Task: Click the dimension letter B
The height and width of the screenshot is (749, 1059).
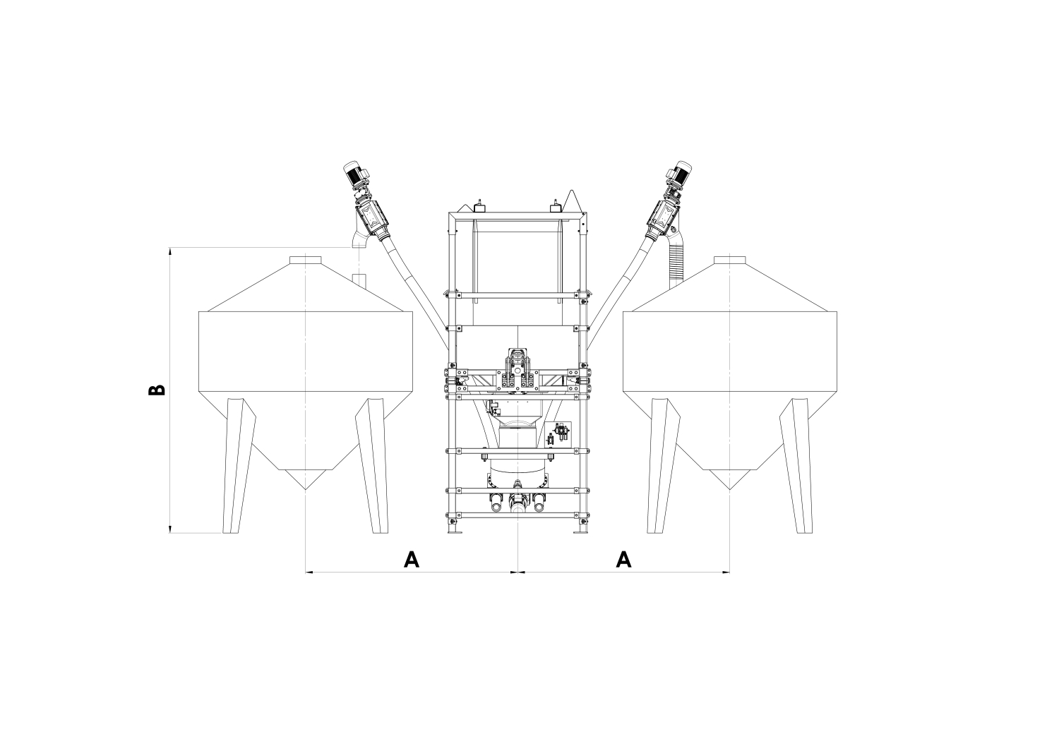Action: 157,390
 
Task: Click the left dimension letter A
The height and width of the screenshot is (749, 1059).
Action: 412,559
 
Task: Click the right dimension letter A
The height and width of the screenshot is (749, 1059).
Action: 623,559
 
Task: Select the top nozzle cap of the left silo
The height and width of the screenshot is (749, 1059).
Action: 306,260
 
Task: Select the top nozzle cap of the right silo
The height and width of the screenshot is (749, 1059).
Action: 729,260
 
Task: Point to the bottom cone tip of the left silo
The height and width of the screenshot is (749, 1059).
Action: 306,489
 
